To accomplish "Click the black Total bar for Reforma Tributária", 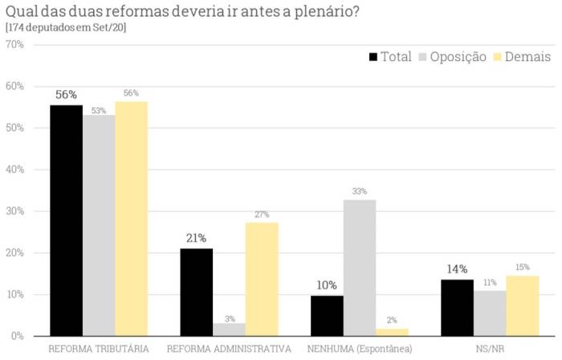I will tap(66, 220).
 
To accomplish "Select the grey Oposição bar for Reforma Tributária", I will tap(99, 225).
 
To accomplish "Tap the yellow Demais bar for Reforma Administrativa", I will tap(262, 279).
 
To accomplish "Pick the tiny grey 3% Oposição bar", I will tap(230, 329).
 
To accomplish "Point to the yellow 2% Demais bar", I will tap(392, 332).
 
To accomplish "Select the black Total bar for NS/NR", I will tap(458, 308).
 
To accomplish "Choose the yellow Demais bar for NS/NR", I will tap(523, 305).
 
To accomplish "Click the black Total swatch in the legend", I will tap(373, 57).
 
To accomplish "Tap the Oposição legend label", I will tap(458, 57).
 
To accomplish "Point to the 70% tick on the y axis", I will tap(14, 44).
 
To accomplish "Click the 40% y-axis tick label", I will tap(14, 170).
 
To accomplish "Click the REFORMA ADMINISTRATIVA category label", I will tap(229, 349).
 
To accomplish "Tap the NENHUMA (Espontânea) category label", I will tap(360, 349).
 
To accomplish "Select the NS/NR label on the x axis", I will tap(490, 349).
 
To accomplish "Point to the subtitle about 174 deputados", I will tap(66, 27).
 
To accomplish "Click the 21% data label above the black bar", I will tap(197, 238).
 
